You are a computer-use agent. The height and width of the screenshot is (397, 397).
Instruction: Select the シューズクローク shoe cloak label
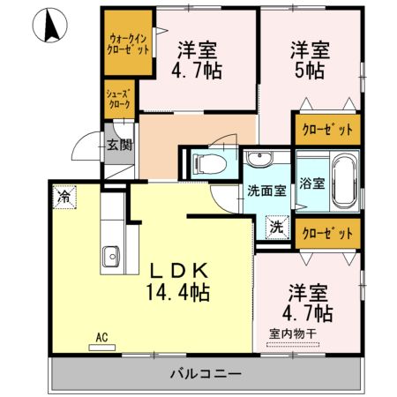[120, 99]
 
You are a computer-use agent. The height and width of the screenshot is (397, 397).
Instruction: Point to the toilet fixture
[202, 162]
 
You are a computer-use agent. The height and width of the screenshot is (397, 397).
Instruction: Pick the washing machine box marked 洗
[276, 226]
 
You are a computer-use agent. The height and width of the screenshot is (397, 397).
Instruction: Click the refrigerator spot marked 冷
[64, 196]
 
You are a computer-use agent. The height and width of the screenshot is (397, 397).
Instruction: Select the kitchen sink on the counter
[112, 258]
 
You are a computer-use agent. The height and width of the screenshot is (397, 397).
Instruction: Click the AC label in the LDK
[101, 336]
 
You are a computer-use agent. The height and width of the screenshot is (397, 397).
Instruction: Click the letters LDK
[176, 269]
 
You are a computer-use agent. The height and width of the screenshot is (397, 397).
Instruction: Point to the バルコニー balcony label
[205, 374]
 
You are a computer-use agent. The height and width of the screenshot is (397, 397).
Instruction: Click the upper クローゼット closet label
[327, 130]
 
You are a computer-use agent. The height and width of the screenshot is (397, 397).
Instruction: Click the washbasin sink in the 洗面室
[260, 161]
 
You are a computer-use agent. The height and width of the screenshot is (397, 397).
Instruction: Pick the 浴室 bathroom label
[311, 184]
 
